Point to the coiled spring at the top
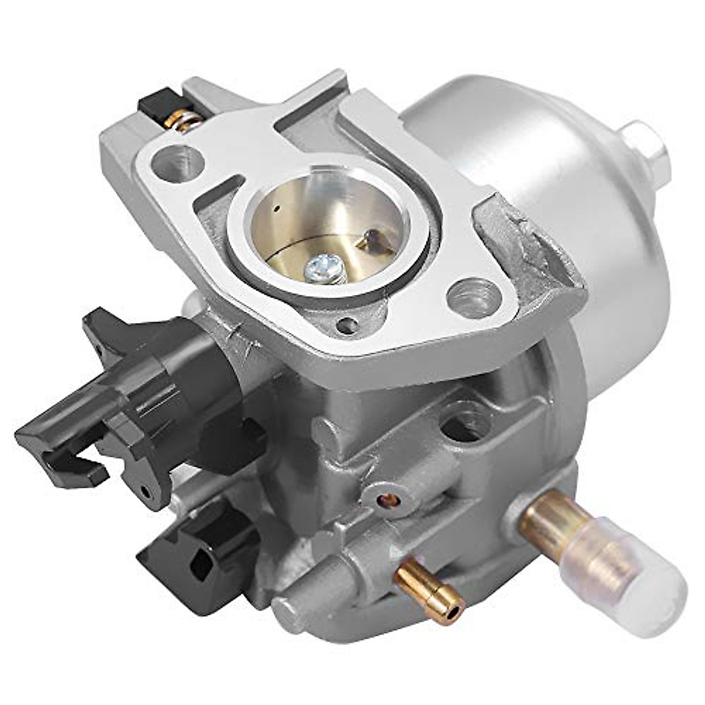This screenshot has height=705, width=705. [183, 120]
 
